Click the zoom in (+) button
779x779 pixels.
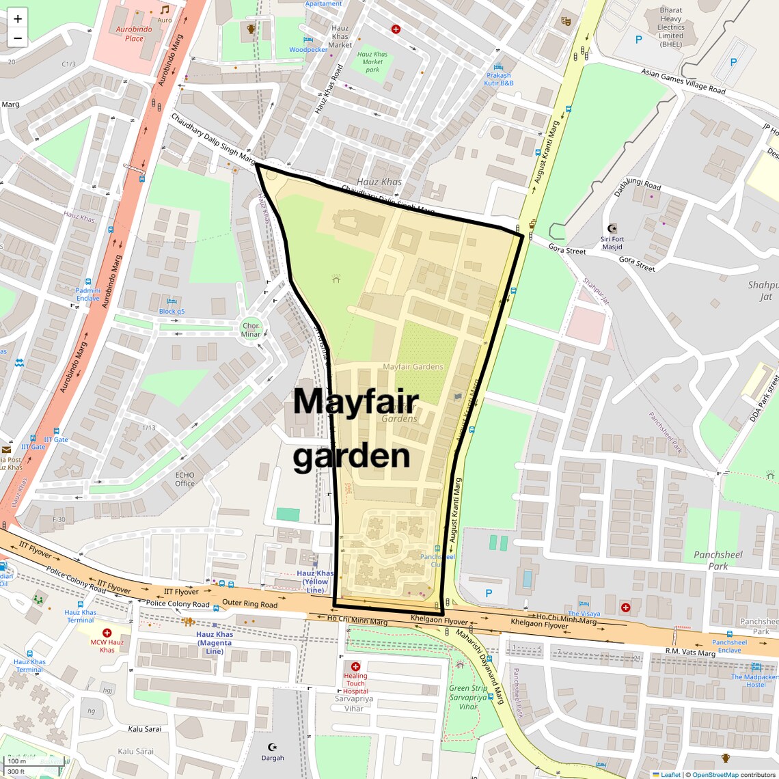[x=18, y=19]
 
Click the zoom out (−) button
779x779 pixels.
[x=18, y=38]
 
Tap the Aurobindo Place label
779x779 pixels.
[x=134, y=34]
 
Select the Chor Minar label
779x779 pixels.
[x=251, y=330]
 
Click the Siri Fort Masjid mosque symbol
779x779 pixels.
[x=612, y=228]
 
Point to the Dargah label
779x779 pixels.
[x=273, y=757]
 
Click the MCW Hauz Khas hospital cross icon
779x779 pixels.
[x=107, y=633]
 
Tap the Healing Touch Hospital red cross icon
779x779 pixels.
[x=355, y=666]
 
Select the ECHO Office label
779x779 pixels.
[x=184, y=479]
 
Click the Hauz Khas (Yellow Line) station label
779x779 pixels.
[x=315, y=582]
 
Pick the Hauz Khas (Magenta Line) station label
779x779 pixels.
[x=215, y=642]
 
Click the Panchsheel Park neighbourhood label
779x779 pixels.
[x=717, y=560]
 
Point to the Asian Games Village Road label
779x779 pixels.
[x=683, y=81]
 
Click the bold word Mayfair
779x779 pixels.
[x=355, y=401]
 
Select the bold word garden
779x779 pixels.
[x=352, y=456]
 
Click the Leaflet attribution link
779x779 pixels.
[x=670, y=775]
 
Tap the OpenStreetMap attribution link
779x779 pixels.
[x=715, y=775]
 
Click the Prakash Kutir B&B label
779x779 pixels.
[x=499, y=79]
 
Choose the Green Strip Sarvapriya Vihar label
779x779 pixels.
[x=468, y=697]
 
